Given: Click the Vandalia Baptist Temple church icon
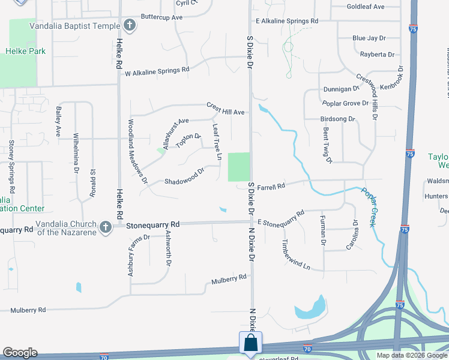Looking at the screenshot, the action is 130,25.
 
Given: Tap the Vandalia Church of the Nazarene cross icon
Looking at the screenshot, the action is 106,227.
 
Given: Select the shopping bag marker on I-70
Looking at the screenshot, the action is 251,344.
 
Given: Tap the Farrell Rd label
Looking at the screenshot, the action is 271,187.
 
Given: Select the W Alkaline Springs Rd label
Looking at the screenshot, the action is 157,71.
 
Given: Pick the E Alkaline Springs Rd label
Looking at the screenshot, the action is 286,21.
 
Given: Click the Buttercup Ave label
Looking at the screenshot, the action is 161,17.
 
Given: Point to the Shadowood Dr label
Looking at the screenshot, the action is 184,175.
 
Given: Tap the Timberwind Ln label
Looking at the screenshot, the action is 297,255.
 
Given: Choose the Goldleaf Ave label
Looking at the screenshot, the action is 365,7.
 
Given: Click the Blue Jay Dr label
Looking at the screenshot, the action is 369,38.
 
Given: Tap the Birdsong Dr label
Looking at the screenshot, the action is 339,119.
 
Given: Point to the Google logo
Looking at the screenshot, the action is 19,353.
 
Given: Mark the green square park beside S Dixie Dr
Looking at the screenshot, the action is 238,167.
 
